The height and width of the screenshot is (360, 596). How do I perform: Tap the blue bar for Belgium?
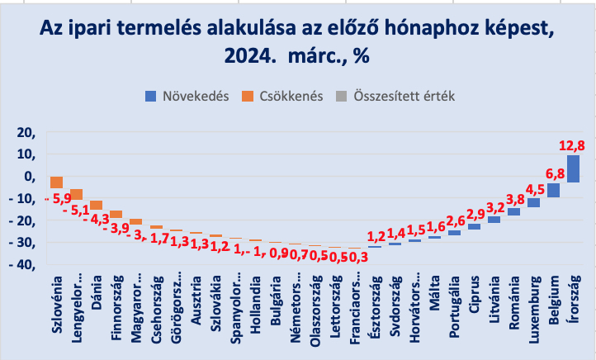coord(553,190)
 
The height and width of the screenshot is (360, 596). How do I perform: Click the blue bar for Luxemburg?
coord(533,202)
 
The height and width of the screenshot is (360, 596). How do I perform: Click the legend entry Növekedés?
coord(188,96)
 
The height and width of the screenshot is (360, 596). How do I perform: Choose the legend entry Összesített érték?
coord(395,96)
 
